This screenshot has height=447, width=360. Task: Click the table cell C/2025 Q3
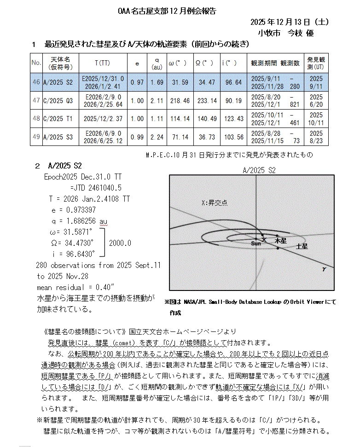(x=58, y=100)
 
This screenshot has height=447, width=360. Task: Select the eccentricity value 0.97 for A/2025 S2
(x=137, y=82)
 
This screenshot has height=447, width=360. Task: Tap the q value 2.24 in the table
(x=157, y=137)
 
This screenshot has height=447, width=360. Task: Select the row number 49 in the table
(x=36, y=137)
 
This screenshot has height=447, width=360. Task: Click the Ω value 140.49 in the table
(x=207, y=118)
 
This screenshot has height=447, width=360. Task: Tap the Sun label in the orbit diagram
(x=256, y=243)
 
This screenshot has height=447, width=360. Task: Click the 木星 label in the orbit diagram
(x=280, y=241)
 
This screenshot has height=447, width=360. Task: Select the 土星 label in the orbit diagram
(x=302, y=247)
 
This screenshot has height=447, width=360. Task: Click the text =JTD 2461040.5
(x=96, y=188)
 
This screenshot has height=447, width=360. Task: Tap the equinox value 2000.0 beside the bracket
(x=121, y=243)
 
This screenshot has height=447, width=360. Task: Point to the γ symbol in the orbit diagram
(x=324, y=269)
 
